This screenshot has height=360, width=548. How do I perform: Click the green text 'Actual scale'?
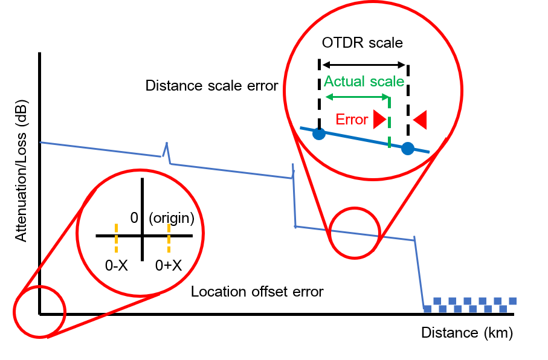click(x=364, y=82)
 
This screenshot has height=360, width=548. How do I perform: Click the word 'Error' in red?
click(x=352, y=120)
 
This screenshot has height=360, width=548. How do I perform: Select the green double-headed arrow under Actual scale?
click(x=357, y=97)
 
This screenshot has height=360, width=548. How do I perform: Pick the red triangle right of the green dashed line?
click(x=420, y=120)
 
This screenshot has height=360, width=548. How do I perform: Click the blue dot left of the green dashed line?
click(x=319, y=134)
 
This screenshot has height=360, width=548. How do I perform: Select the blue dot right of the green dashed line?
click(x=408, y=148)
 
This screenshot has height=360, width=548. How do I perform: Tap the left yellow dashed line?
click(x=116, y=237)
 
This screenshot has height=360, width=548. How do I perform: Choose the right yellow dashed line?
click(x=169, y=237)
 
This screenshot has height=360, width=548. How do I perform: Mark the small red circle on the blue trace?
click(x=355, y=233)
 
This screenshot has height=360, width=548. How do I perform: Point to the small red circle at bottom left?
click(x=39, y=312)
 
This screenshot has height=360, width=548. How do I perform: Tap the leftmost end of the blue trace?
click(x=41, y=143)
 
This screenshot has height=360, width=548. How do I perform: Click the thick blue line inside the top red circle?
click(x=363, y=140)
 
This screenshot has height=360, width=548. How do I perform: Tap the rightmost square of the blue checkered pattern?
click(x=513, y=301)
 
